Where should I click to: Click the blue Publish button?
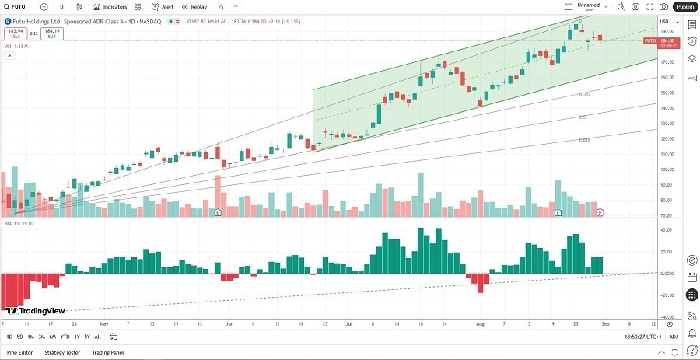684,6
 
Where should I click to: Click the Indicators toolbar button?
110,6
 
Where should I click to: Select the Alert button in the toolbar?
163,6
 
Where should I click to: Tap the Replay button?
194,6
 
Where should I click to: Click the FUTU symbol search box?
23,6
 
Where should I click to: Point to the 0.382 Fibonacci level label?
585,94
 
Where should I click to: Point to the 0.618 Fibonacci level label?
584,140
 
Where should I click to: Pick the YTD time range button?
64,337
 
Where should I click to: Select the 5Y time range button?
86,337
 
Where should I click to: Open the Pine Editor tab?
20,352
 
